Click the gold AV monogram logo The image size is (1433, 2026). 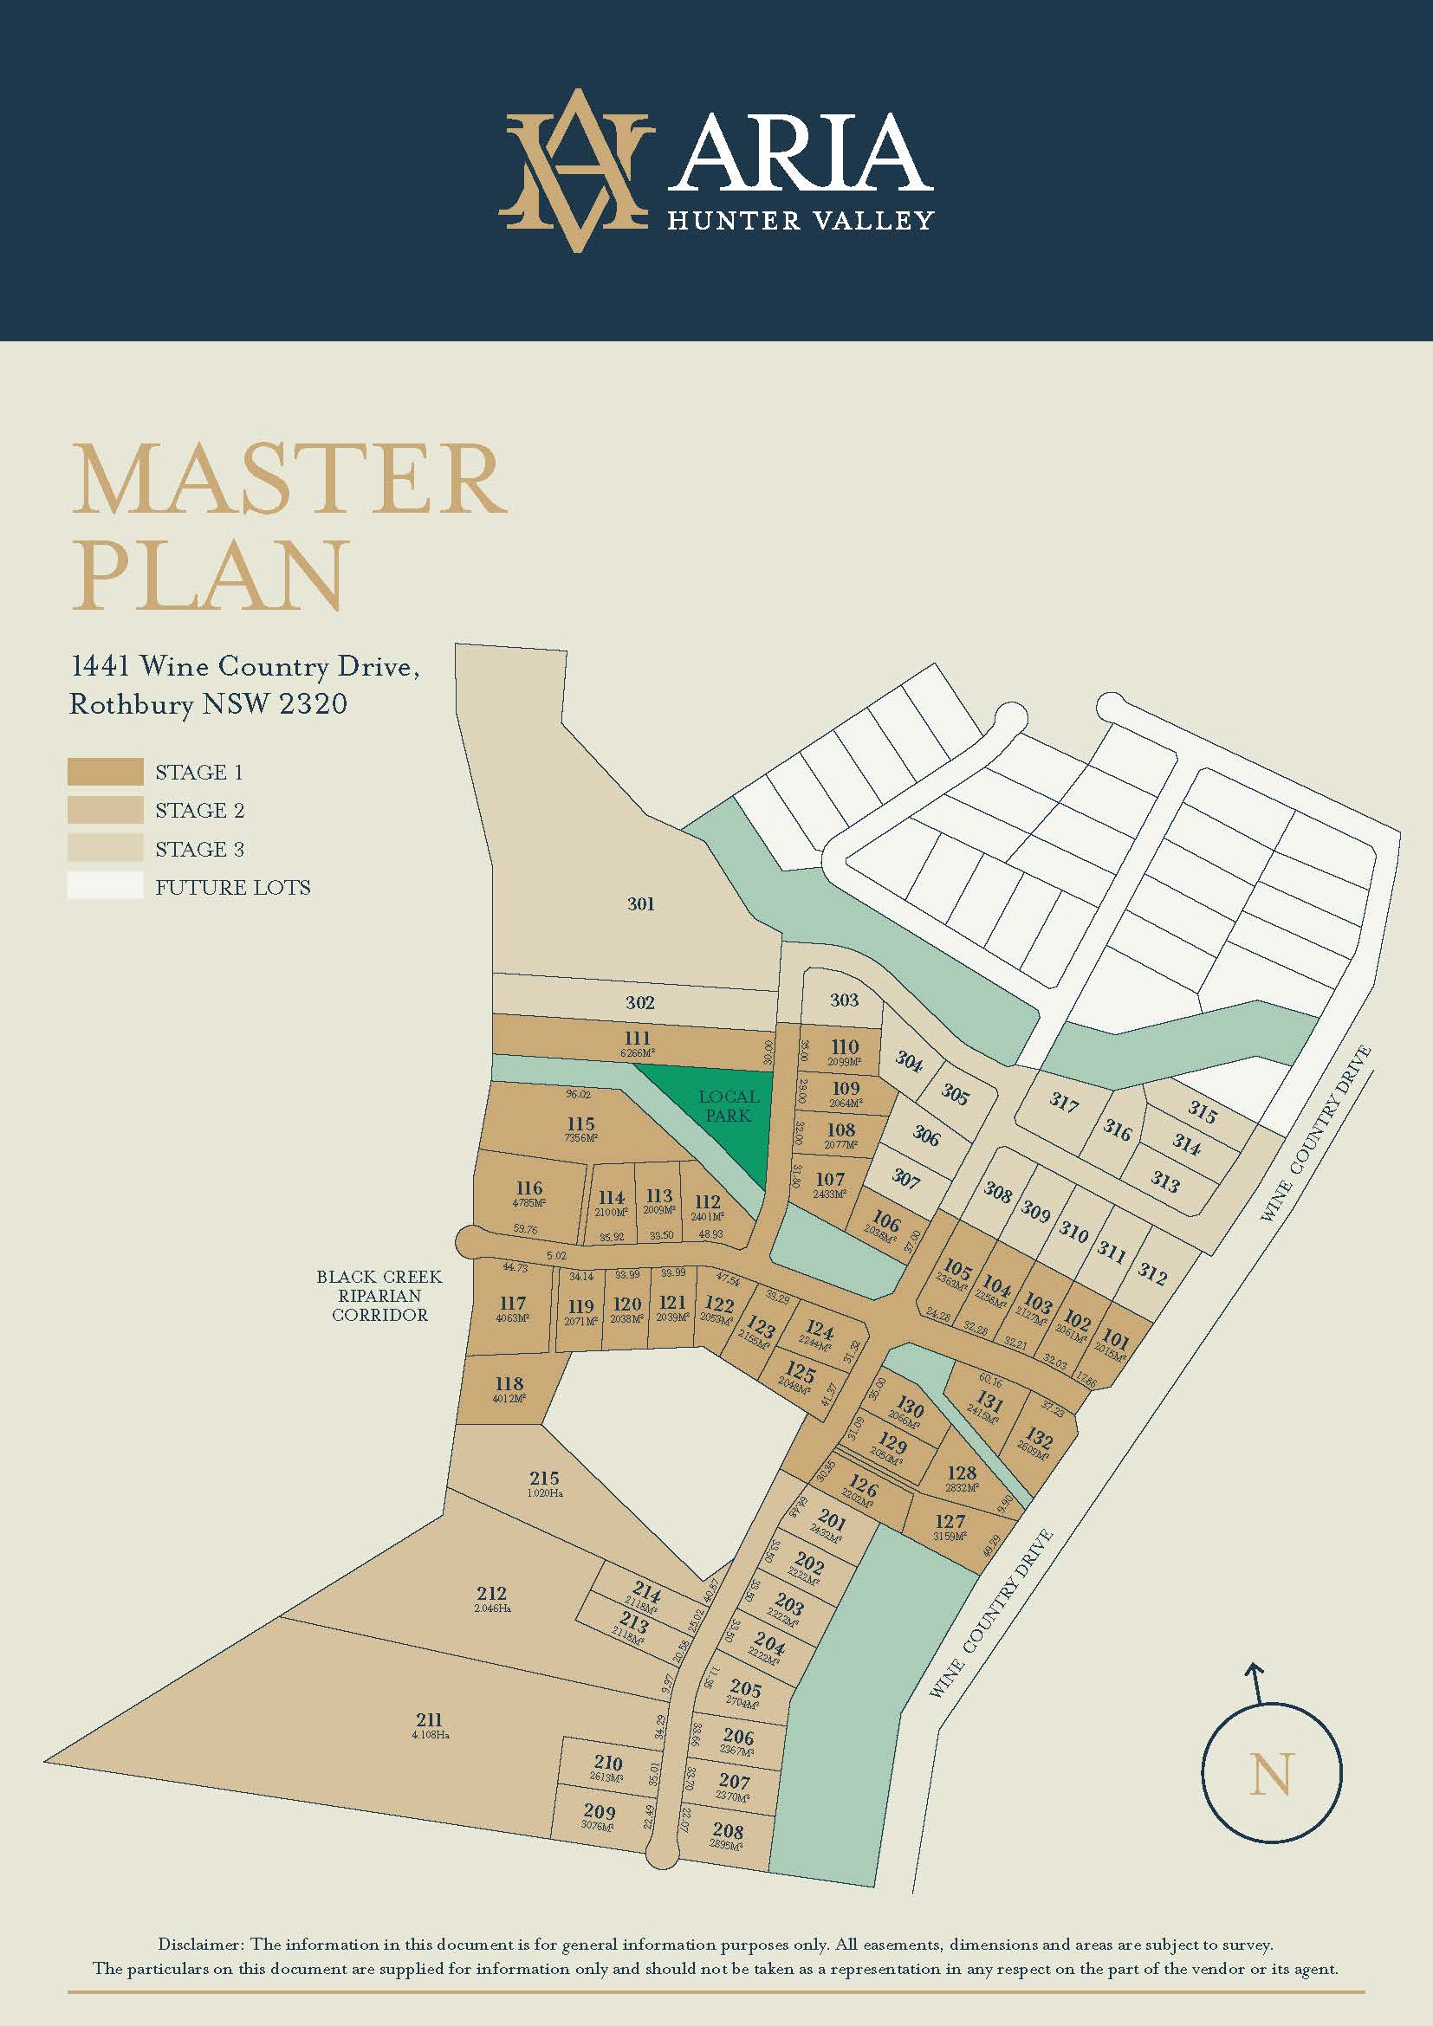tap(575, 170)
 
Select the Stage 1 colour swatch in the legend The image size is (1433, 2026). tap(105, 772)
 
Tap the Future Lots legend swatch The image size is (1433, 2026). tap(105, 886)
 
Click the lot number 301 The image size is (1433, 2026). tap(640, 903)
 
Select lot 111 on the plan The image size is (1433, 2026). tap(636, 1040)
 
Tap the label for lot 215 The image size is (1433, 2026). tap(544, 1478)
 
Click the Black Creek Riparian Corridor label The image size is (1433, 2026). tap(379, 1295)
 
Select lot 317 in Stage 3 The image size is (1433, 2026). tap(1064, 1101)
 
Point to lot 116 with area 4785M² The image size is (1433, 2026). tap(529, 1189)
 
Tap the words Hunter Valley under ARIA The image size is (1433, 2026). tap(800, 220)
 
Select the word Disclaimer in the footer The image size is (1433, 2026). tap(201, 1944)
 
